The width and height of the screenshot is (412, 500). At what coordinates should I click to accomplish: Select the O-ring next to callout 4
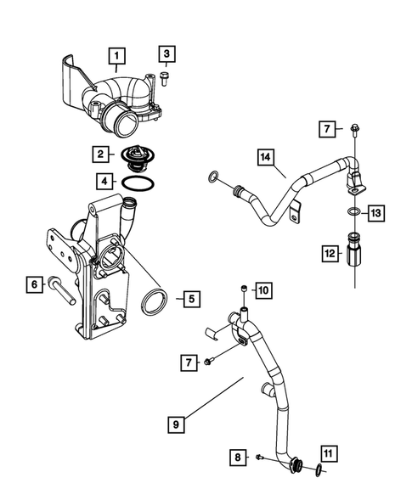point(136,182)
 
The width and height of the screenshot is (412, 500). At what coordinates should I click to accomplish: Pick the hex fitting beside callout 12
point(351,253)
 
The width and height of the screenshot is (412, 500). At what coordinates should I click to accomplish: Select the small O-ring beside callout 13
point(352,211)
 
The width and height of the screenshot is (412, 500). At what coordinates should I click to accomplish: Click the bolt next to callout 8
point(259,458)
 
